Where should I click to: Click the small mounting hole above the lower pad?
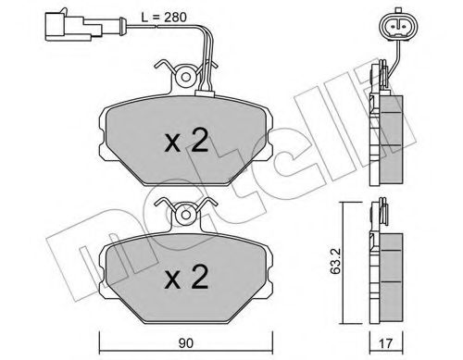pyautogui.click(x=188, y=215)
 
